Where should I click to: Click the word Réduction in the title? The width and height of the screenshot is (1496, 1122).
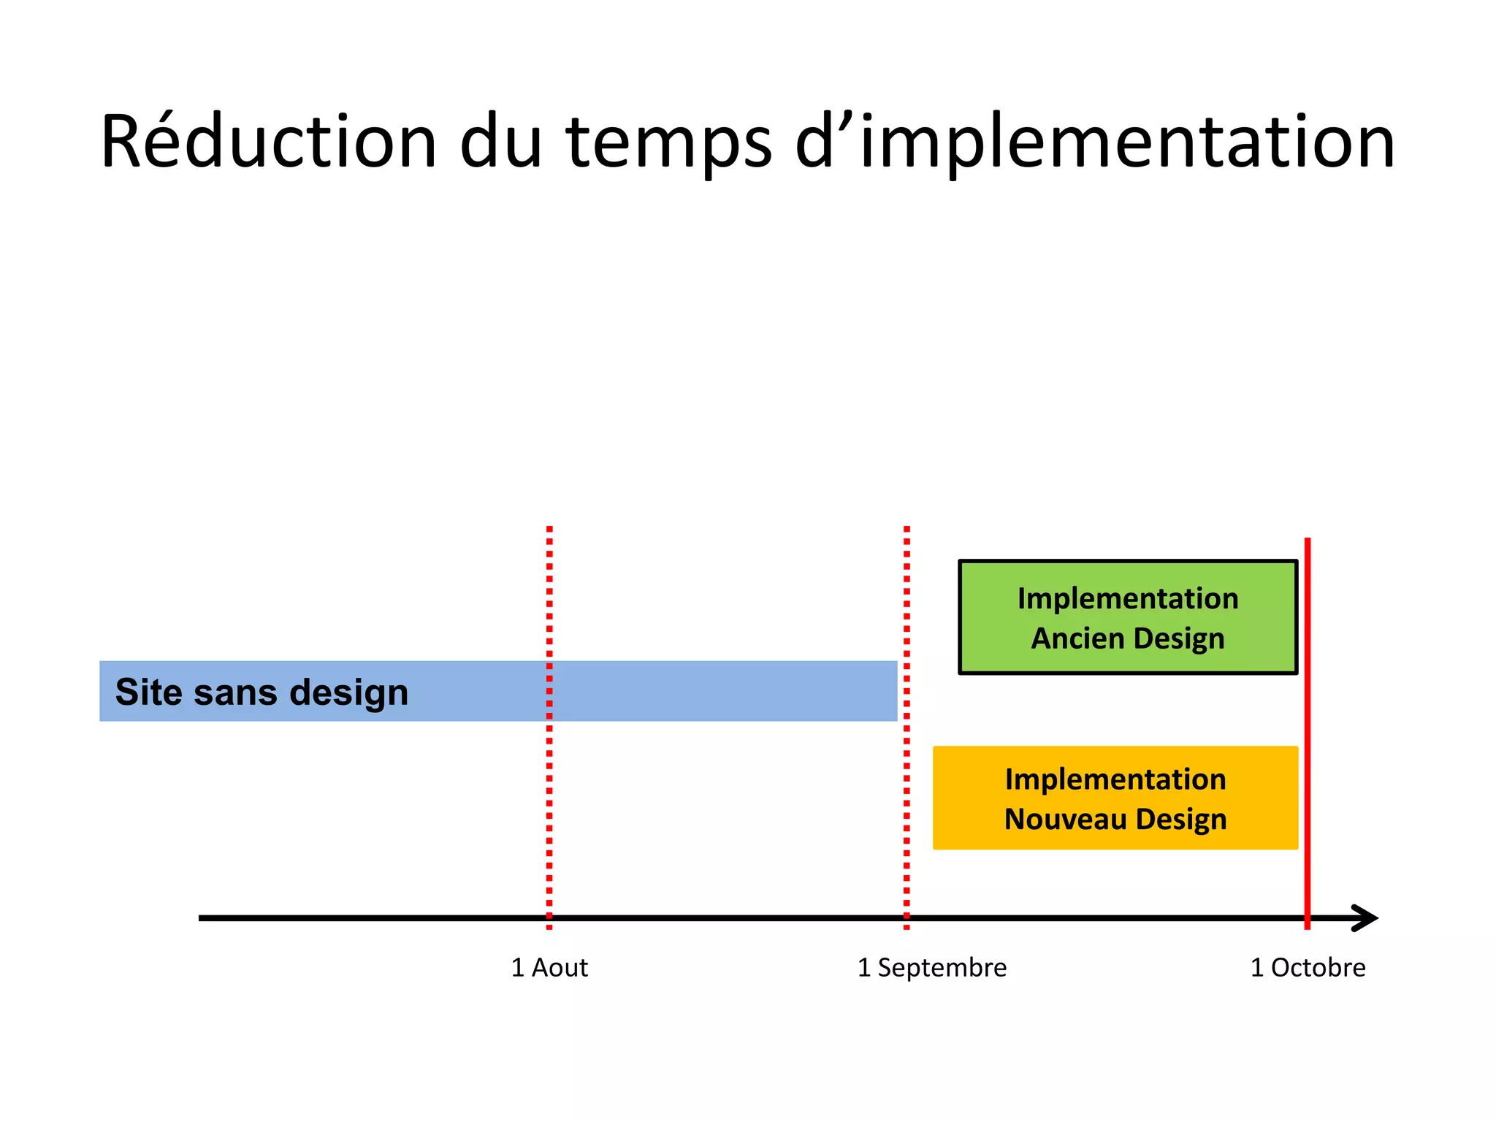[x=268, y=142]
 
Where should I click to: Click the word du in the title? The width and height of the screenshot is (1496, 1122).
[x=501, y=142]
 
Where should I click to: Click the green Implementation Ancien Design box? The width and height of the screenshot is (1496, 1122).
[x=1127, y=617]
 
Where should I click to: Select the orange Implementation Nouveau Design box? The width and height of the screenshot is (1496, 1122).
[x=1115, y=798]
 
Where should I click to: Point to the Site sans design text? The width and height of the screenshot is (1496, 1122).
[x=262, y=692]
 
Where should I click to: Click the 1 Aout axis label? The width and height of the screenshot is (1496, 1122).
[x=549, y=967]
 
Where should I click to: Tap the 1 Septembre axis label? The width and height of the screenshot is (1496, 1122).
[x=931, y=967]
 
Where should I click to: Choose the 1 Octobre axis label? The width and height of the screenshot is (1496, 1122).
[x=1308, y=967]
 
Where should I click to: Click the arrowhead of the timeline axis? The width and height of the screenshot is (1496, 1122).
[x=1366, y=918]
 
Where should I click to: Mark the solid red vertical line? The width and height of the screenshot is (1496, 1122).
[x=1308, y=730]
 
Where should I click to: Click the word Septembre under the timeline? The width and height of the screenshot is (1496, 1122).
[x=942, y=967]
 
